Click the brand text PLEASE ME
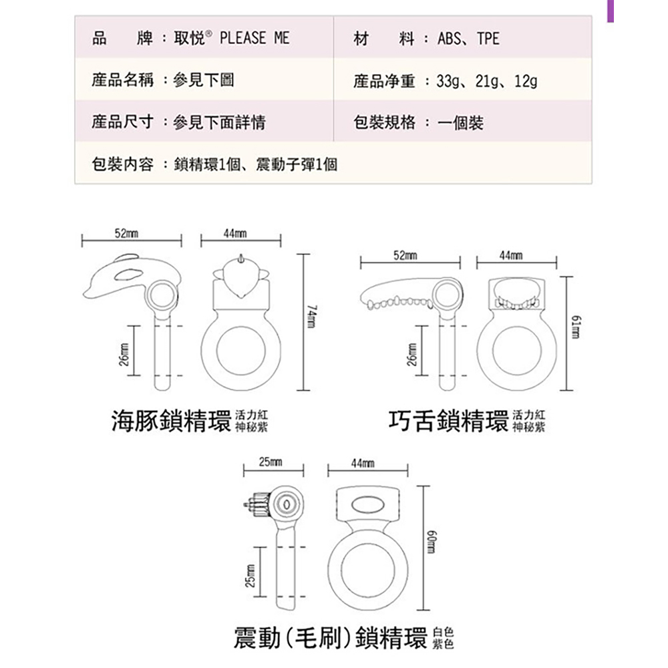click(255, 38)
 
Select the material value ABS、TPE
click(468, 39)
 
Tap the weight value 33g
click(448, 81)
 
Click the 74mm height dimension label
click(313, 316)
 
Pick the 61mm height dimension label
click(576, 327)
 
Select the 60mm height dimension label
click(431, 542)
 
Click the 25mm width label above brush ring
click(271, 462)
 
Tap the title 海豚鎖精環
click(171, 421)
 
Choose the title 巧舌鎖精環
click(449, 421)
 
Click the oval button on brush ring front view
click(367, 505)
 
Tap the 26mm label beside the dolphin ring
click(124, 355)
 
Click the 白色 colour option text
click(443, 633)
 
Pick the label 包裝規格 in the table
click(384, 123)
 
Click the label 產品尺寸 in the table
click(122, 122)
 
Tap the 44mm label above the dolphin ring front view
click(235, 233)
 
